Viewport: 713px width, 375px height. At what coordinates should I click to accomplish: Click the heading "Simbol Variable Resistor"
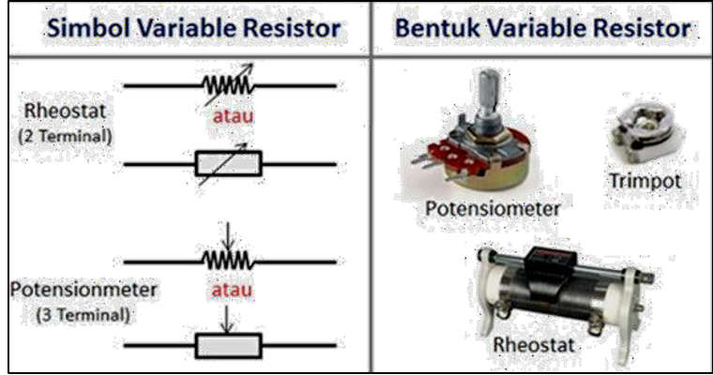click(x=193, y=27)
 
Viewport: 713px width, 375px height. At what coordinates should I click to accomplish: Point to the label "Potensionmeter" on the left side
click(x=83, y=290)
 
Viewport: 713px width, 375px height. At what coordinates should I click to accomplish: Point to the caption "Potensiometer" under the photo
click(x=492, y=207)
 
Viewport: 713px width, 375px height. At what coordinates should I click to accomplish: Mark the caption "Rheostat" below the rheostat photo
click(x=535, y=345)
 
